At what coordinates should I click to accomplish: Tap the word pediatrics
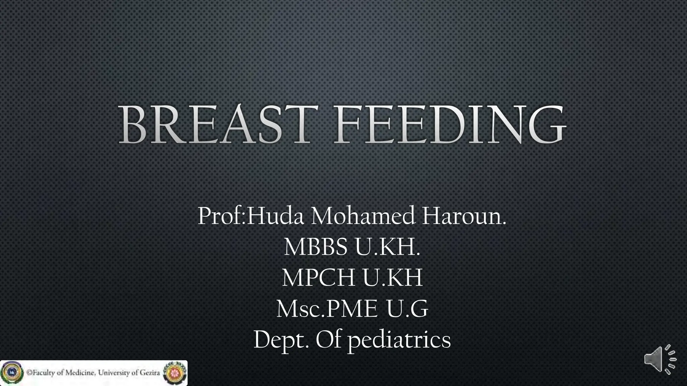(399, 340)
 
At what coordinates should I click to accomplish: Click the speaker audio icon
(659, 359)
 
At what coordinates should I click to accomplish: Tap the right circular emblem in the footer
(174, 373)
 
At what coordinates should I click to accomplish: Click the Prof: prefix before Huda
(222, 216)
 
